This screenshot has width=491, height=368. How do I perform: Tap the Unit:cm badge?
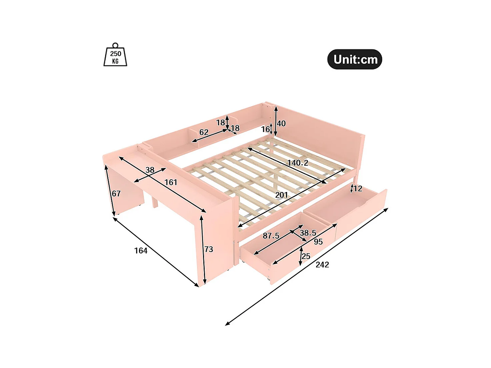point(355,59)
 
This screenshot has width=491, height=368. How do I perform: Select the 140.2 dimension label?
point(298,163)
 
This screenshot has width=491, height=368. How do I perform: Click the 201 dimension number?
point(281,195)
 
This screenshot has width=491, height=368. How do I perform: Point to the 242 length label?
point(322,265)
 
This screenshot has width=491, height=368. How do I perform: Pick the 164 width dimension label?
point(141,251)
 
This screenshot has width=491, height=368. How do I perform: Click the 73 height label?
point(209,249)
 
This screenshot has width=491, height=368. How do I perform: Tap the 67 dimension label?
point(116,194)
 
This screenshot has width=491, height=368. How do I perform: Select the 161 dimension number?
point(171,182)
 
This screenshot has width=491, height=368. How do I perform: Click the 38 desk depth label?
point(150,170)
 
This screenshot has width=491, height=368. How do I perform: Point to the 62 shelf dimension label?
point(204,132)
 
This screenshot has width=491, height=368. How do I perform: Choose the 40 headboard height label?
point(281,124)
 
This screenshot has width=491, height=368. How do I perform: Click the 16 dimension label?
point(265,129)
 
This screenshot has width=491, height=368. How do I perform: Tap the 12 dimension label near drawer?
point(358,189)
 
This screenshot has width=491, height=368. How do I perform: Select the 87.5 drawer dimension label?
point(271,236)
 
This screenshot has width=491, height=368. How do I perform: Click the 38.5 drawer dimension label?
point(308,233)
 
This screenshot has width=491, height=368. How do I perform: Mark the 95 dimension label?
point(318,242)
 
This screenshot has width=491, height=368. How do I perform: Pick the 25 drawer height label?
point(306,256)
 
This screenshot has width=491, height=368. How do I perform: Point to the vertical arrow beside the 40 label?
point(276,122)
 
